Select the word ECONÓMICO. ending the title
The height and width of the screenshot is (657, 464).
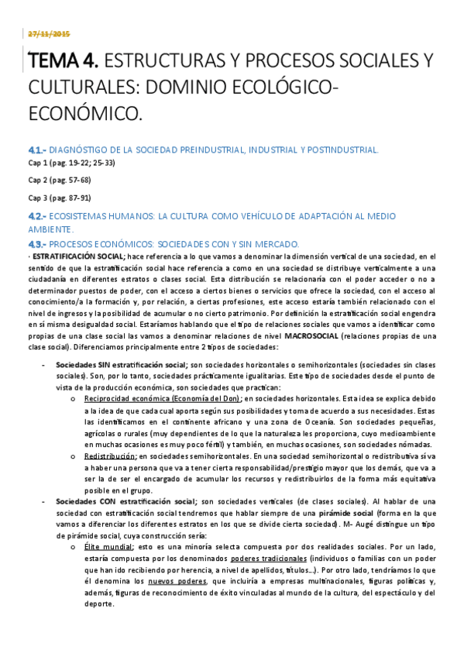tap(85, 114)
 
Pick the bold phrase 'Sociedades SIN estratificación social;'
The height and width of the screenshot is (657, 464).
tap(122, 364)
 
